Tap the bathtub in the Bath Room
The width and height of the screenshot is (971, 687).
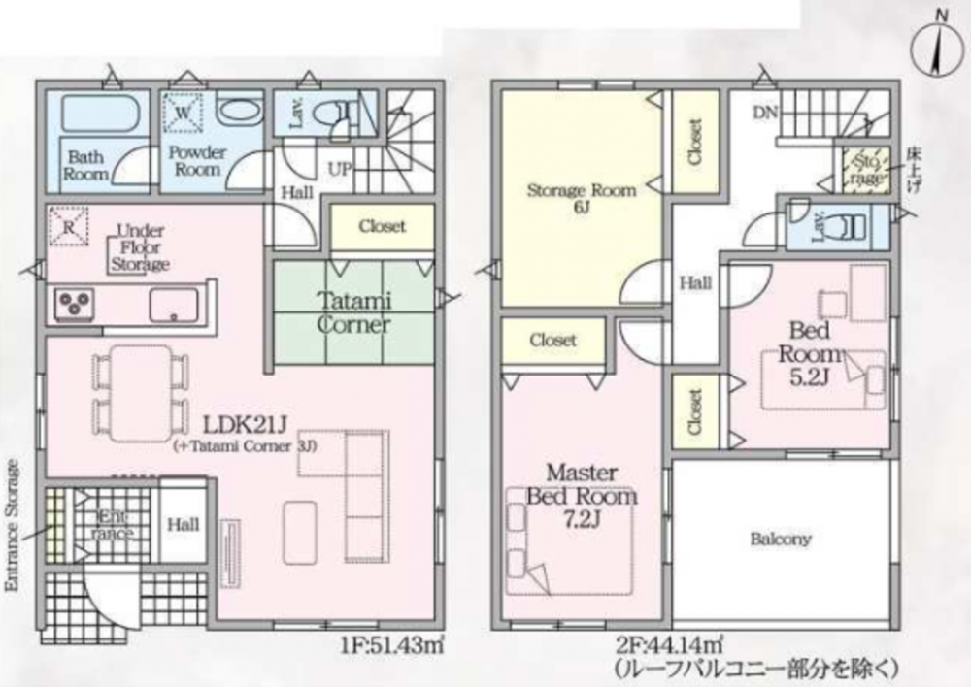click(x=98, y=113)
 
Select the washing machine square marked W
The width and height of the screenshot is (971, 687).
click(x=183, y=113)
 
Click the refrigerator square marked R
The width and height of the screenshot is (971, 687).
click(x=68, y=226)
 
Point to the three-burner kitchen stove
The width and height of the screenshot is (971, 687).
click(x=74, y=305)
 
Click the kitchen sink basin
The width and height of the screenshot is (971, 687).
click(x=174, y=305)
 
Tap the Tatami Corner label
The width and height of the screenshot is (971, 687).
click(x=354, y=312)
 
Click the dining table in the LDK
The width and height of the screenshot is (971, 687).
click(x=141, y=394)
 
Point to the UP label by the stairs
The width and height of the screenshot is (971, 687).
click(x=339, y=168)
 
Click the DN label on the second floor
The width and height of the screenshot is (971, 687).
click(x=765, y=113)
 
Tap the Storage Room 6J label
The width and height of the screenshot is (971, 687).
click(x=581, y=197)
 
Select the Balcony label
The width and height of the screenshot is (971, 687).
click(x=781, y=540)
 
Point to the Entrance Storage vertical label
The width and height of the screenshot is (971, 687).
click(x=13, y=525)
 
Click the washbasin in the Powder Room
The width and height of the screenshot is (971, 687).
click(x=241, y=112)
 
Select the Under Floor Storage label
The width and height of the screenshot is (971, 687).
click(x=140, y=247)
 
